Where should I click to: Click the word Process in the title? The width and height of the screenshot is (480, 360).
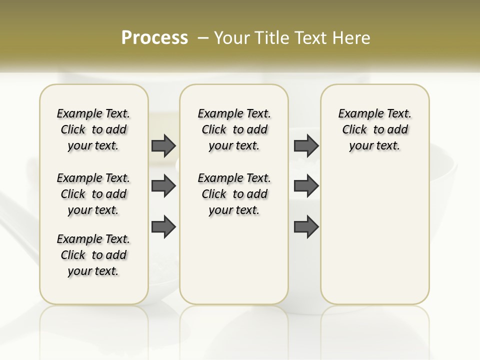(x=154, y=37)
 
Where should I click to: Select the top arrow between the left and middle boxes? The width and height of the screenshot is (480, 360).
(x=163, y=145)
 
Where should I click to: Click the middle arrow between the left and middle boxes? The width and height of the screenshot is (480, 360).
(x=163, y=186)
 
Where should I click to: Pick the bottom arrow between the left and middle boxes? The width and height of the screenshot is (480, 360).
(x=163, y=226)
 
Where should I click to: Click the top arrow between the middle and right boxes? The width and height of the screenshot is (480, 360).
(x=306, y=145)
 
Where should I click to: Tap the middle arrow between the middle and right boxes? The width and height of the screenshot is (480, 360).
(x=306, y=186)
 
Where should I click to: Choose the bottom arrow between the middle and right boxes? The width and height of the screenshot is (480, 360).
(x=306, y=226)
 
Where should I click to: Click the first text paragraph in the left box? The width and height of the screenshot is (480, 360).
(x=93, y=129)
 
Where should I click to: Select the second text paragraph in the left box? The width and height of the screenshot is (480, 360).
(x=93, y=194)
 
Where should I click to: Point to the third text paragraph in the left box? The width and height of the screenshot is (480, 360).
(x=93, y=255)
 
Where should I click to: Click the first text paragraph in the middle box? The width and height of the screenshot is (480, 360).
(x=234, y=129)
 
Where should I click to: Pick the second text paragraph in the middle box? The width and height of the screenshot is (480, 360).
(x=234, y=194)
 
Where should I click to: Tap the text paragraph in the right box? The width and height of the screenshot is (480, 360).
(x=374, y=129)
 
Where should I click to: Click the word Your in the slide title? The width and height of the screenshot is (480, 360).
(x=231, y=37)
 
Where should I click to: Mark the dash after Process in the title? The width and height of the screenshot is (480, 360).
(x=203, y=37)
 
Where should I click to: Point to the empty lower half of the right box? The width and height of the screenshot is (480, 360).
(x=374, y=240)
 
